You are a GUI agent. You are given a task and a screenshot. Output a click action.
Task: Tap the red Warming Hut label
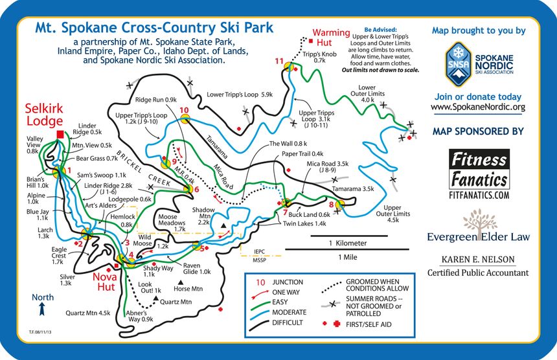tap(331, 38)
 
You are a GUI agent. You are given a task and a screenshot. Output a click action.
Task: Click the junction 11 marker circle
tap(291, 66)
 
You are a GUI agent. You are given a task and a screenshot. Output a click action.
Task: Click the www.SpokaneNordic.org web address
tap(477, 107)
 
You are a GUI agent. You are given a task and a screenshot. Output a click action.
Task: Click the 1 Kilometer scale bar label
tap(347, 243)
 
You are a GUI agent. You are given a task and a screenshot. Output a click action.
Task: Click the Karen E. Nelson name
tap(478, 260)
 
